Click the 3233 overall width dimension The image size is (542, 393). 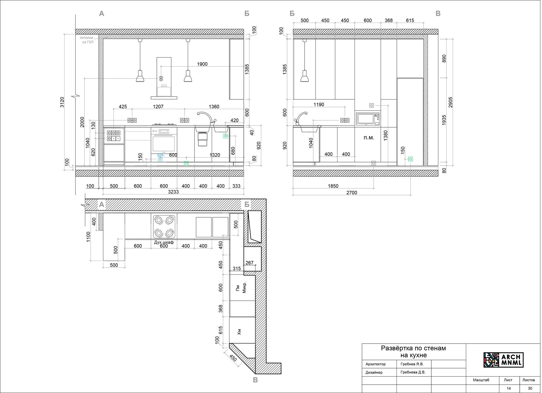[173, 192]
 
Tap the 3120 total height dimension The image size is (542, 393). [62, 102]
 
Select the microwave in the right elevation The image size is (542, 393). [367, 119]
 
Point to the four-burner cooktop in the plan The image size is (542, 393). [164, 227]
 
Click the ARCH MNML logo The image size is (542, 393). [503, 360]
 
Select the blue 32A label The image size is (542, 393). [160, 155]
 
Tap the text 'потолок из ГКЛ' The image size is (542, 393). [87, 40]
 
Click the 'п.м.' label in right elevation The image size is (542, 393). [369, 138]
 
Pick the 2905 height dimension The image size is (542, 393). [450, 102]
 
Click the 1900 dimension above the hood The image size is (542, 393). [202, 64]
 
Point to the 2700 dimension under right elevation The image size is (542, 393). [352, 192]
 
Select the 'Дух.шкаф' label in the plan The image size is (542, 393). [164, 242]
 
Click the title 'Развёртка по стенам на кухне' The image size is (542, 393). [413, 352]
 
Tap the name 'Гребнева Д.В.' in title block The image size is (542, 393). [413, 372]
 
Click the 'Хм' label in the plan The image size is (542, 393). [239, 332]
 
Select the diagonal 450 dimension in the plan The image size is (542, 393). [233, 358]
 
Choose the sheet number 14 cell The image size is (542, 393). [508, 388]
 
